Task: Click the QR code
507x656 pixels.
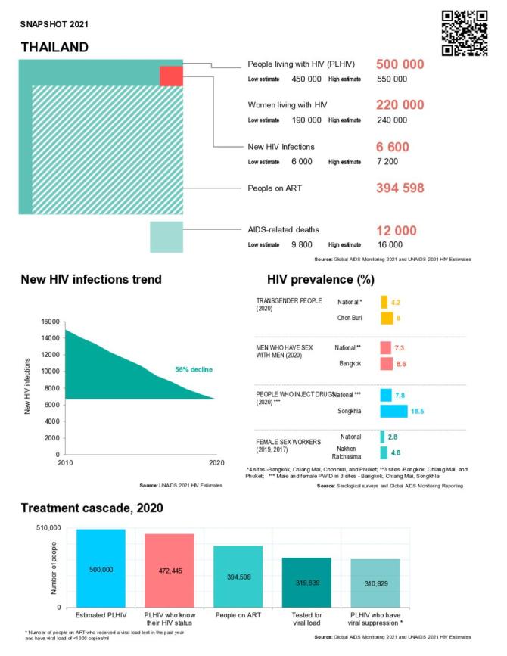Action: pyautogui.click(x=464, y=33)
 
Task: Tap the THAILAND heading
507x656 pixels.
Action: pyautogui.click(x=54, y=48)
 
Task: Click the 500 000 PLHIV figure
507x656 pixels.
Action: pyautogui.click(x=400, y=64)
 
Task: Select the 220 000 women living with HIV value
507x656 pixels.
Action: pyautogui.click(x=400, y=105)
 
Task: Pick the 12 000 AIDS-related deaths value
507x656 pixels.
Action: pyautogui.click(x=397, y=230)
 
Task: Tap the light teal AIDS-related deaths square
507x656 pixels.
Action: pyautogui.click(x=166, y=237)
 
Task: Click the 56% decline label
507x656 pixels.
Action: pyautogui.click(x=194, y=369)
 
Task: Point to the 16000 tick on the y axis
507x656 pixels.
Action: pyautogui.click(x=49, y=322)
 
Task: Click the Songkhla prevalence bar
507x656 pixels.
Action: pyautogui.click(x=393, y=411)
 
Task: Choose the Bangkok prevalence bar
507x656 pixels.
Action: pyautogui.click(x=387, y=364)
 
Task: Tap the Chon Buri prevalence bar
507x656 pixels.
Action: pyautogui.click(x=386, y=318)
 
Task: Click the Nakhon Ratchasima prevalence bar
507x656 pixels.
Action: pyautogui.click(x=384, y=454)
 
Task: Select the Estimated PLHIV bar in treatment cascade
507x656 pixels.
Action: pyautogui.click(x=101, y=567)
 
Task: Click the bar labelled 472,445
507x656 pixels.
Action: pyautogui.click(x=170, y=570)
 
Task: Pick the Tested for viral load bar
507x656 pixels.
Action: pyautogui.click(x=306, y=582)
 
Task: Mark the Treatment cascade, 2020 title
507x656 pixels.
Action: pyautogui.click(x=92, y=508)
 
